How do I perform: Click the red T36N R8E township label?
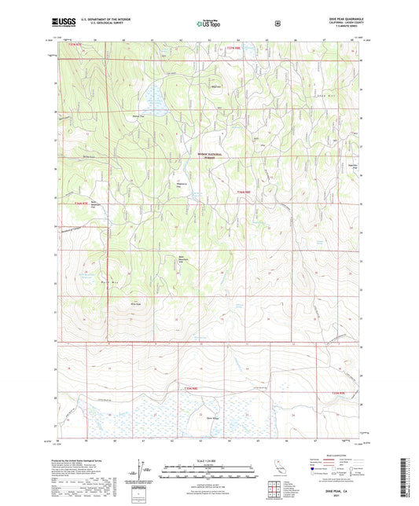point(247,192)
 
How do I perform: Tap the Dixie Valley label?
point(211,418)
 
